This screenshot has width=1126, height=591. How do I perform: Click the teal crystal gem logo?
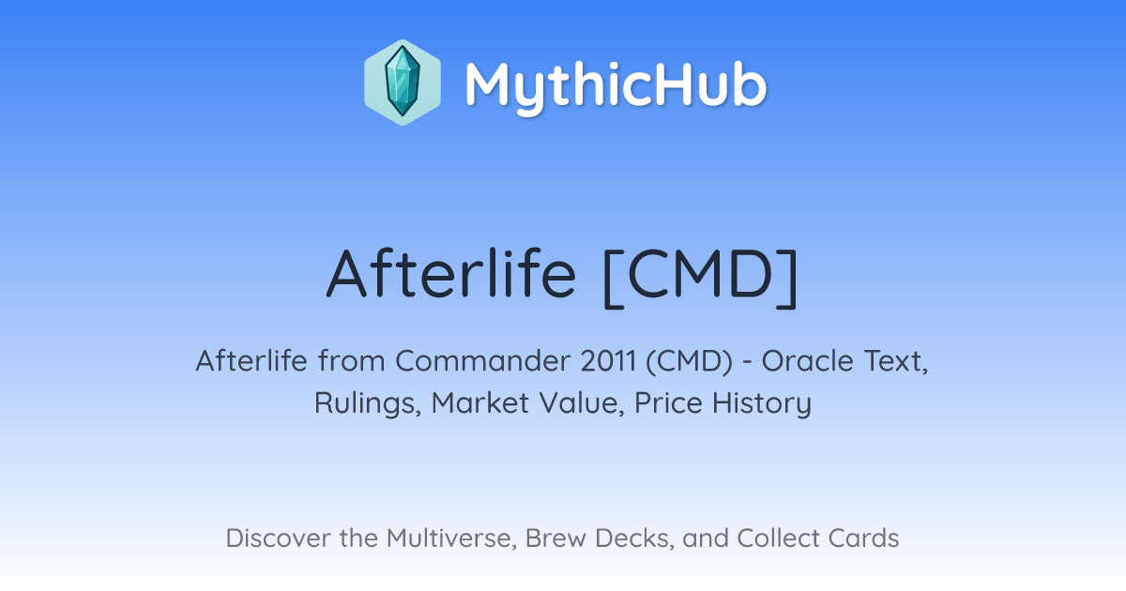[403, 82]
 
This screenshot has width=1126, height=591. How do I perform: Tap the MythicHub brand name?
[616, 87]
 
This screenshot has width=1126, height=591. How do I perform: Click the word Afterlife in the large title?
[451, 274]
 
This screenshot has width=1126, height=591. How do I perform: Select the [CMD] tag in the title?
[700, 277]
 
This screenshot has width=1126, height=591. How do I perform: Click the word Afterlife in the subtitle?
[251, 360]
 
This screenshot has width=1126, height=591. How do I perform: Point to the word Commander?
[482, 361]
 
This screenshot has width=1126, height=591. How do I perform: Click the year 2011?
[608, 361]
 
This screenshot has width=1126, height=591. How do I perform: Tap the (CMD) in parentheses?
[689, 361]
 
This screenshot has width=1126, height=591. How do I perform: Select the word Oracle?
[807, 361]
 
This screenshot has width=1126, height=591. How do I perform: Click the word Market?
[480, 402]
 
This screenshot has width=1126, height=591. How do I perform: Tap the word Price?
[668, 402]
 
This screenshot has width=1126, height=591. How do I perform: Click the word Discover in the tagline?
[278, 538]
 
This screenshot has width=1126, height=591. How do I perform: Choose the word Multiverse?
[452, 538]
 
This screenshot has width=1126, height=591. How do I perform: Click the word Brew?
[555, 538]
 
